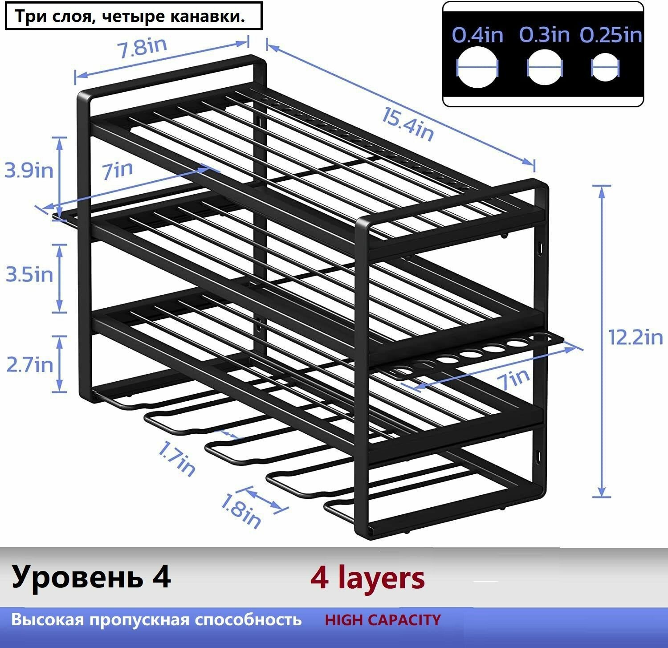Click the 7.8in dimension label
click(x=142, y=47)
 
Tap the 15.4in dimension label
click(x=407, y=125)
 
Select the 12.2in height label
click(x=635, y=337)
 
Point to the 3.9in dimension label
click(x=29, y=170)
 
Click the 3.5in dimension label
click(x=29, y=274)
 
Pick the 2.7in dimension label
click(x=29, y=365)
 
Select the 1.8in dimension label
click(x=240, y=512)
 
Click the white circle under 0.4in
click(x=477, y=68)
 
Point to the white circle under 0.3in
click(x=544, y=68)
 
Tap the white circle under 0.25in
click(x=605, y=68)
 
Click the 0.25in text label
click(x=610, y=35)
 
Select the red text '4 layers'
click(x=367, y=578)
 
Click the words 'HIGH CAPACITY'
click(x=383, y=620)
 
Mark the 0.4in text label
click(x=477, y=35)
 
